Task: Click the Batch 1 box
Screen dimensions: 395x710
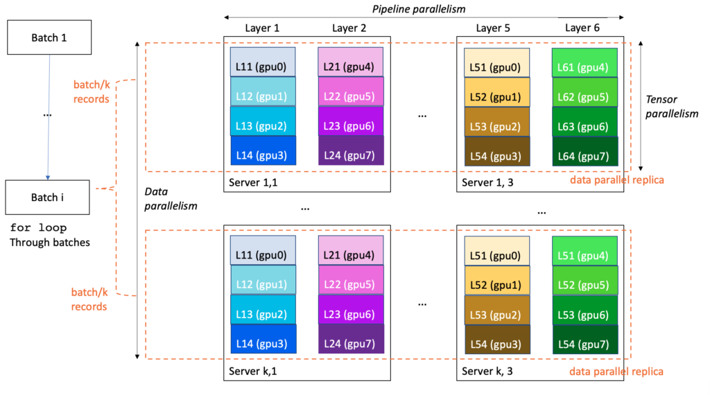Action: click(49, 37)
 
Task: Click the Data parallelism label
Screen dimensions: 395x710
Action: click(171, 198)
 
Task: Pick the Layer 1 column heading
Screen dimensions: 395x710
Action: click(263, 28)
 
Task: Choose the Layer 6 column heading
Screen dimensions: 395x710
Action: click(582, 28)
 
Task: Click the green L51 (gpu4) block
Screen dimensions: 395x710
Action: click(585, 255)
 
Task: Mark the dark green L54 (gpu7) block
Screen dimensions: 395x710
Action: click(585, 344)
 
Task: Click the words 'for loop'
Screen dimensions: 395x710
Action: click(38, 228)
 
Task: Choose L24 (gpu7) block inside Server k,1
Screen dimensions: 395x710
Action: click(351, 344)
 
